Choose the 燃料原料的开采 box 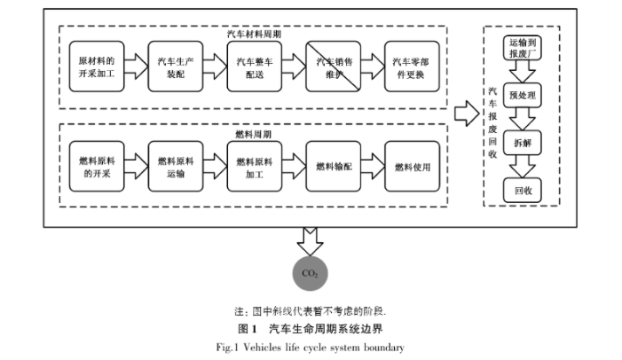pyautogui.click(x=97, y=166)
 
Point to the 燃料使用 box pyautogui.click(x=411, y=166)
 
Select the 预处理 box pyautogui.click(x=521, y=93)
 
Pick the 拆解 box pyautogui.click(x=521, y=141)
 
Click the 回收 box pyautogui.click(x=521, y=188)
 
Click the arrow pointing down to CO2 pyautogui.click(x=311, y=238)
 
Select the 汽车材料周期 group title pyautogui.click(x=252, y=33)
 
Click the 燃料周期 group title pyautogui.click(x=253, y=134)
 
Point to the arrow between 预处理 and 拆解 pyautogui.click(x=521, y=117)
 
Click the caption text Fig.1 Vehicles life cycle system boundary pyautogui.click(x=311, y=347)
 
